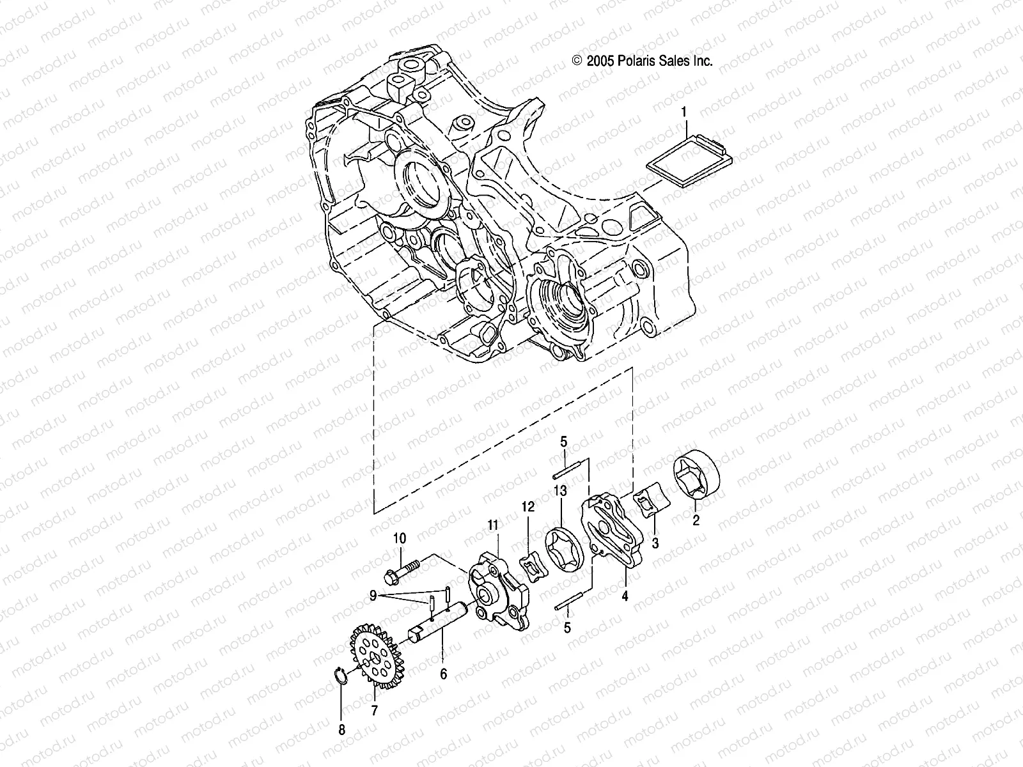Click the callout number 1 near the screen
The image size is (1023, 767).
pos(683,113)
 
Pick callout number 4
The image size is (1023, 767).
pos(625,596)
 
